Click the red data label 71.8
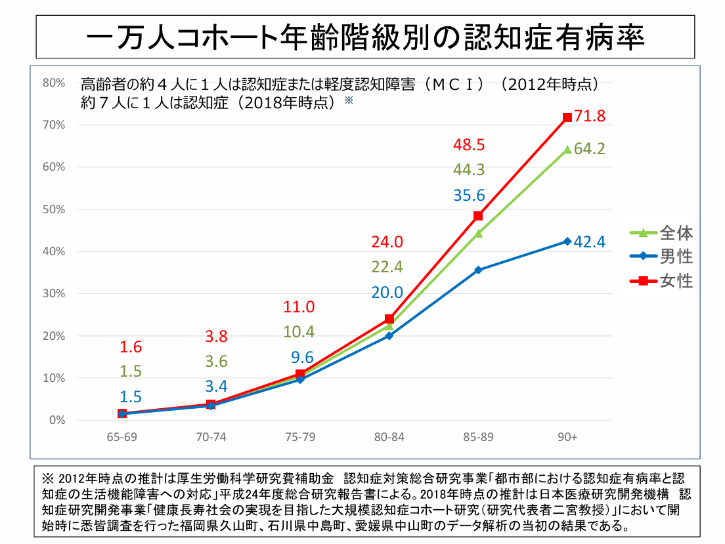589,117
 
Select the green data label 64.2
589,149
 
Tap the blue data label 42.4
589,241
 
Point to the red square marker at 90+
567,117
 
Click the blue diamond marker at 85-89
478,270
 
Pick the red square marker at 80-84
389,319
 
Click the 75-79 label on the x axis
300,437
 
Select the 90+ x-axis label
567,437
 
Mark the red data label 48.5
469,144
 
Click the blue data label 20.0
387,293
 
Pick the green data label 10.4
299,331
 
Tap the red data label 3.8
216,337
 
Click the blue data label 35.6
469,195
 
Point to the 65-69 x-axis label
121,437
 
